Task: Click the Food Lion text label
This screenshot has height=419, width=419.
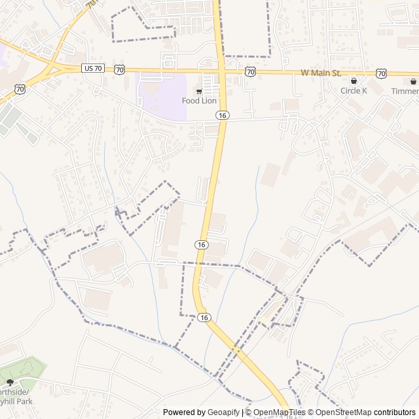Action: tap(199, 101)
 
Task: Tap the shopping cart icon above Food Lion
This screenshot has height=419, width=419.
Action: tap(199, 91)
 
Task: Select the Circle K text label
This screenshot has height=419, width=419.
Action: tap(354, 91)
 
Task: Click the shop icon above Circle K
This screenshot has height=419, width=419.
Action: tap(354, 81)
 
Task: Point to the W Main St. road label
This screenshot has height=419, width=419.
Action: tap(320, 73)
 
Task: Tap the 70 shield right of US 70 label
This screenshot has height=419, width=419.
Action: tap(119, 69)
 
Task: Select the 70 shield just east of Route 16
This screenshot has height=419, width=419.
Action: tap(250, 71)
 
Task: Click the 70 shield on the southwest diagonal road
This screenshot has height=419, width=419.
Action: tap(20, 88)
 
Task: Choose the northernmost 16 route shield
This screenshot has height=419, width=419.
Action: tap(223, 115)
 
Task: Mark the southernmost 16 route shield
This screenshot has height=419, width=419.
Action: tap(205, 318)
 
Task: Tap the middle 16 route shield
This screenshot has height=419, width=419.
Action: tap(200, 244)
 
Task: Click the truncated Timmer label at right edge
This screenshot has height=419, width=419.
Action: tap(405, 91)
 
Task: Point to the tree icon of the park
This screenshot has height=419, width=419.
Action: tap(9, 382)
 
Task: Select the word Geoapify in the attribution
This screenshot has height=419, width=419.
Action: tap(224, 412)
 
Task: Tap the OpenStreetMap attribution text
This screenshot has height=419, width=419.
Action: tap(341, 412)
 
